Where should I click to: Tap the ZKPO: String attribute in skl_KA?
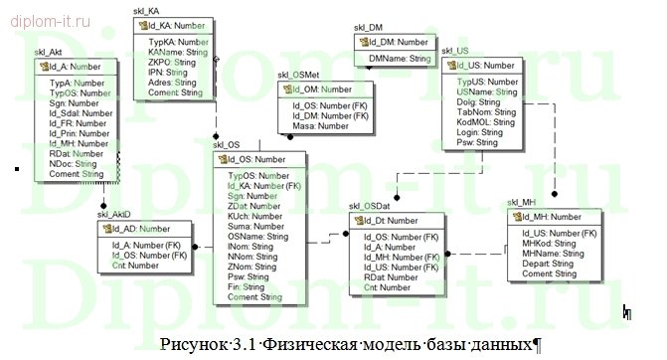[x=170, y=63]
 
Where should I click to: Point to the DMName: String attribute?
[x=400, y=60]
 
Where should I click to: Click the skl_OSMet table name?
[x=298, y=75]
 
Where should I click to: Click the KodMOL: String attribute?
[x=488, y=121]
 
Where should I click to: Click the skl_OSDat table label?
[x=369, y=206]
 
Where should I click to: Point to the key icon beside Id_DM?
[x=362, y=43]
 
